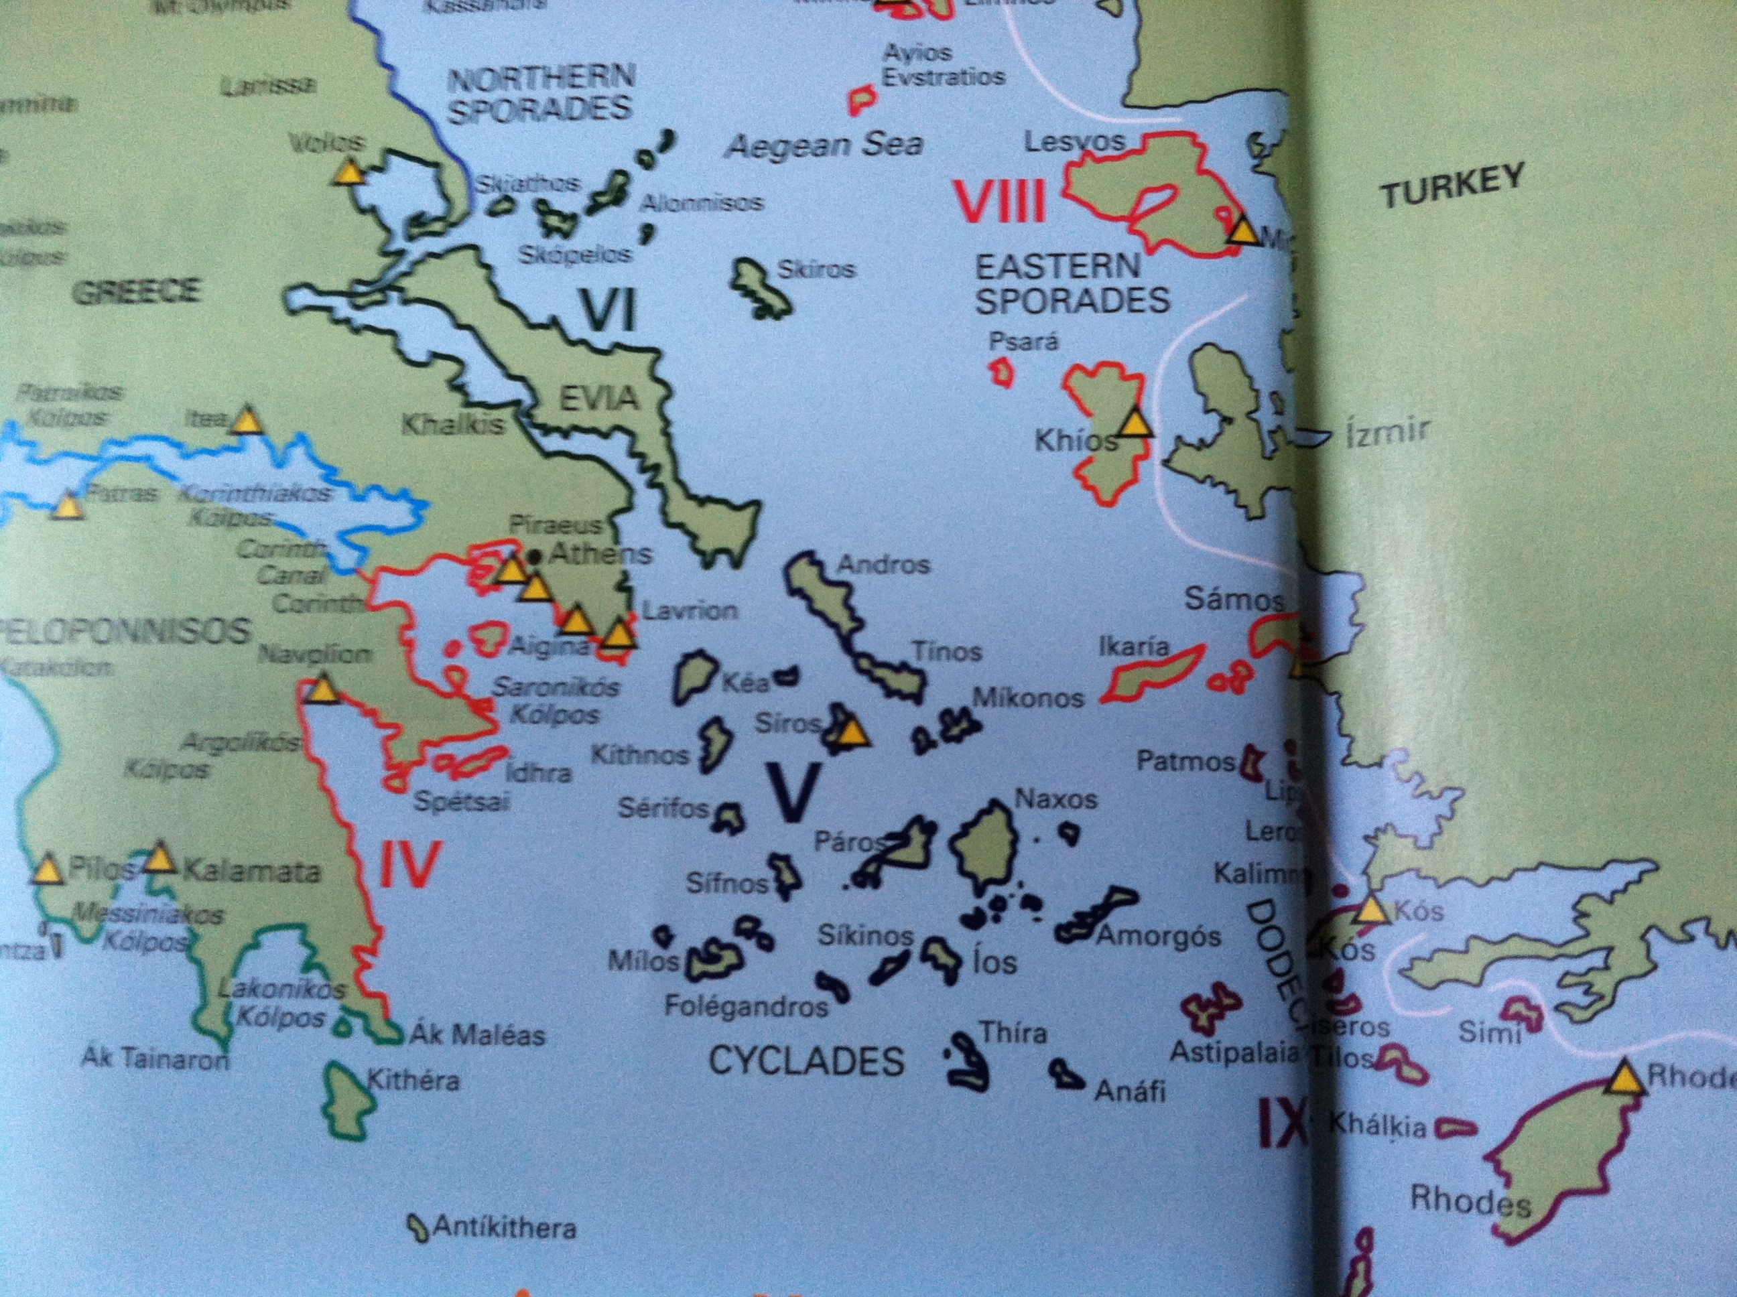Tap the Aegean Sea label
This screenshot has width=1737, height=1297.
click(824, 146)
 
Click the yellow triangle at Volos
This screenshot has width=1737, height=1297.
click(347, 173)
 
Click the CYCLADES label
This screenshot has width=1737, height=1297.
click(806, 1061)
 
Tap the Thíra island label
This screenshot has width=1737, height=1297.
click(1013, 1032)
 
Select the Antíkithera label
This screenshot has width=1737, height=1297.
click(504, 1227)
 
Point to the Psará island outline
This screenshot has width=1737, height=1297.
click(1002, 371)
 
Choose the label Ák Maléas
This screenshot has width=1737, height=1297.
click(477, 1035)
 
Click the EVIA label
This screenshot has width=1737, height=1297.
click(598, 399)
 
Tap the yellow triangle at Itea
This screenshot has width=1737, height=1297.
click(247, 421)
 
